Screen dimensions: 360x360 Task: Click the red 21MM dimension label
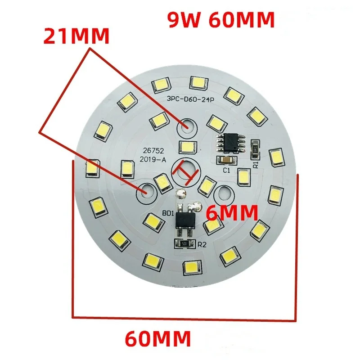[76, 36]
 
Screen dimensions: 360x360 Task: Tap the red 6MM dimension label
[232, 212]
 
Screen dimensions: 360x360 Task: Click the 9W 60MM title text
[221, 20]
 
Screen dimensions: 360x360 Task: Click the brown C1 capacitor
[225, 160]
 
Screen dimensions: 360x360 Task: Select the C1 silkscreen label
[226, 171]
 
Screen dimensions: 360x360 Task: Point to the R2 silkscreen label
[201, 245]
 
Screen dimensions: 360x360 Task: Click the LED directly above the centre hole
[186, 146]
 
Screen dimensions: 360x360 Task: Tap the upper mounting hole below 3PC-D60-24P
[185, 126]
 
